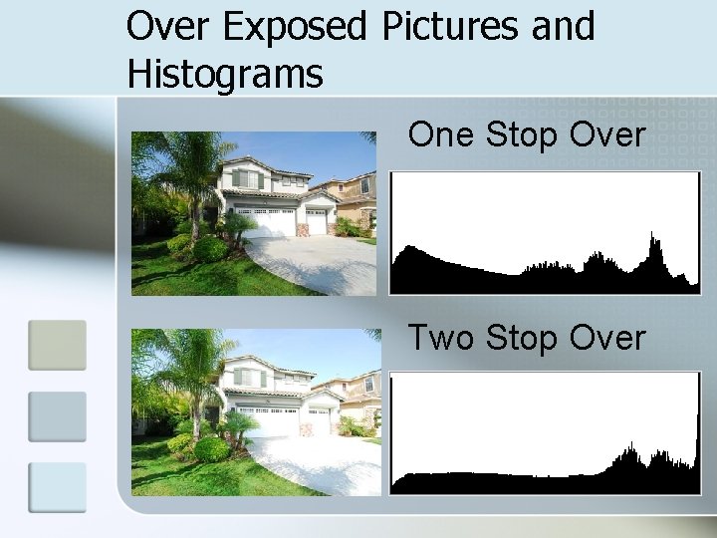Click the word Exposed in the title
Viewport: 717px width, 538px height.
294,28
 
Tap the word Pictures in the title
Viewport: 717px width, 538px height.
451,27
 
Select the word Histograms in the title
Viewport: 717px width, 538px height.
224,73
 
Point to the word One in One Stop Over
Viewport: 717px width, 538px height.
442,134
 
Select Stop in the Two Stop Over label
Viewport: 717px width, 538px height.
522,339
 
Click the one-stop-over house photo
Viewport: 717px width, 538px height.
254,213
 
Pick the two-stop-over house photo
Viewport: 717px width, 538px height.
254,411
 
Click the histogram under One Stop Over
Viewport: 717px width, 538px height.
545,233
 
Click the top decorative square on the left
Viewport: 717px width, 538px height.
57,345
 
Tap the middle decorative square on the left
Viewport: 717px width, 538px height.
57,416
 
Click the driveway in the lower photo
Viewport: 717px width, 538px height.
309,463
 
